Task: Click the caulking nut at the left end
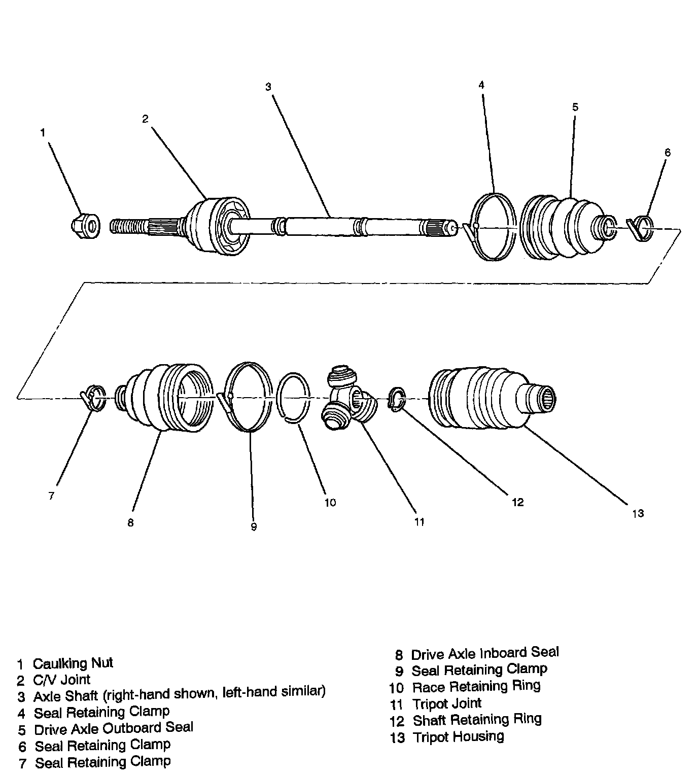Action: click(x=85, y=224)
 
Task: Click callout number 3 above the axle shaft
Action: click(x=268, y=87)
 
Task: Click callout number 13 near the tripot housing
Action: click(x=638, y=513)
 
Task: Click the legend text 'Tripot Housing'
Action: click(x=458, y=736)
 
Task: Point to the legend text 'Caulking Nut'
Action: click(x=73, y=663)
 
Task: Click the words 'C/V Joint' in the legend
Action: click(x=61, y=680)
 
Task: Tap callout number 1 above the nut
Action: click(x=43, y=133)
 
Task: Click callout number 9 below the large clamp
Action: click(x=254, y=527)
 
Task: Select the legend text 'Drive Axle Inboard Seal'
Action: click(x=484, y=653)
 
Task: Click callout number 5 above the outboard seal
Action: click(x=575, y=107)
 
